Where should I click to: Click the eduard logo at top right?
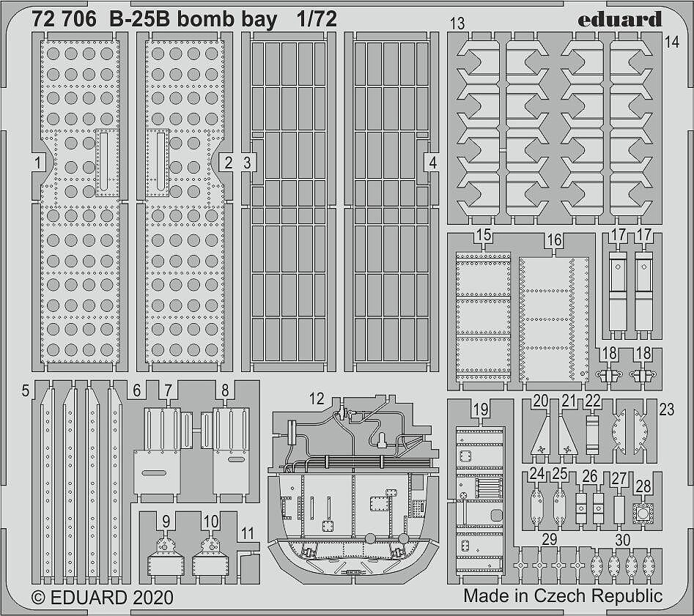point(620,20)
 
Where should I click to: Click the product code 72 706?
point(64,20)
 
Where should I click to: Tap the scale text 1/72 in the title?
point(317,20)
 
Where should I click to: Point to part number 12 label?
point(317,398)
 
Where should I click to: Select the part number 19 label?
point(481,410)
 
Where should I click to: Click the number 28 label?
point(643,486)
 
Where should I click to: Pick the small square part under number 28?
point(643,513)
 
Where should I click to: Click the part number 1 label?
point(38,163)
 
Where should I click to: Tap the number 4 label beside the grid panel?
point(433,163)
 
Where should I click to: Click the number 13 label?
point(457,23)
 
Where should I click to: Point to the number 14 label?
point(671,42)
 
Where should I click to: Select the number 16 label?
point(554,240)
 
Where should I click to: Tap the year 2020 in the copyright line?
point(152,598)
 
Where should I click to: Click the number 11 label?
point(248,534)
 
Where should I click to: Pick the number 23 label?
point(667,409)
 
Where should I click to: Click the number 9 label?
point(166,522)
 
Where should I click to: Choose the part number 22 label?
point(593,401)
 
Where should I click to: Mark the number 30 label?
point(623,541)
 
